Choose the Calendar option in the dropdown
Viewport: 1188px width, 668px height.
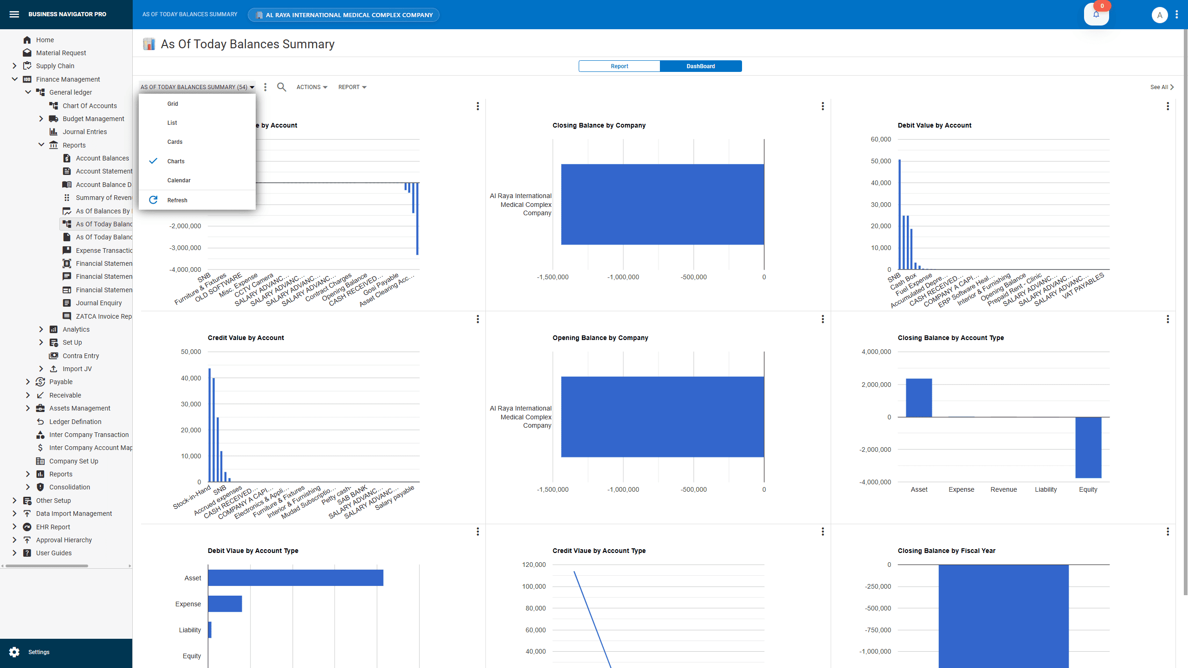179,180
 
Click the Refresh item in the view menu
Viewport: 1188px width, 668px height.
177,200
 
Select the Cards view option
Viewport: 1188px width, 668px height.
174,142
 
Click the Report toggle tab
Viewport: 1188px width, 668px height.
619,66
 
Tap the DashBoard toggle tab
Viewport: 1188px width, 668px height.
700,66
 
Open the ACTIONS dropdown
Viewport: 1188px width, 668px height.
311,87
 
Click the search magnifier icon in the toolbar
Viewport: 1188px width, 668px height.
281,87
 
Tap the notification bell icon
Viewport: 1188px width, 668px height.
1096,14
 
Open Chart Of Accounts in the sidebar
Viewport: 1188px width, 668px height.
90,106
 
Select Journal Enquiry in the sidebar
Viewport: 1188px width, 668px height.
98,303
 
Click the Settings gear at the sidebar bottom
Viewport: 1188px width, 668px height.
14,652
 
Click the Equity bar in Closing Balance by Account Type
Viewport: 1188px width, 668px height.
1088,447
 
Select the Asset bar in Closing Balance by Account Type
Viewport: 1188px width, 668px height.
918,398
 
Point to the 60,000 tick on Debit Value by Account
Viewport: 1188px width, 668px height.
880,139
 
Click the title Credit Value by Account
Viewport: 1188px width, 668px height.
245,338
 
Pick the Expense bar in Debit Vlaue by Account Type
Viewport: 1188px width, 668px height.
225,604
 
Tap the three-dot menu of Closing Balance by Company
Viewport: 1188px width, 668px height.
822,106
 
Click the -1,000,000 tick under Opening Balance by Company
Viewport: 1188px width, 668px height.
623,489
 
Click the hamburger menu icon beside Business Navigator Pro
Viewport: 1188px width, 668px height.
14,14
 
